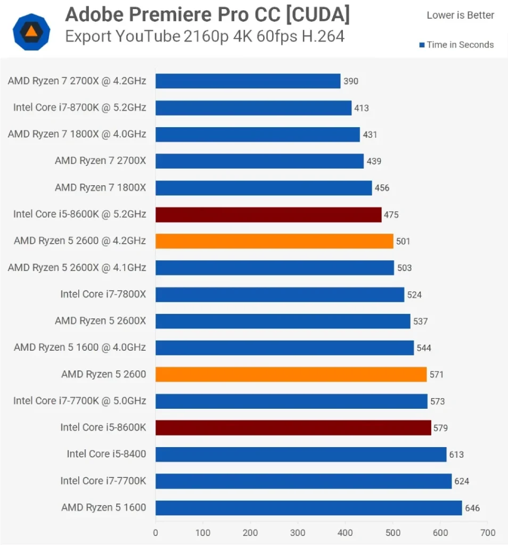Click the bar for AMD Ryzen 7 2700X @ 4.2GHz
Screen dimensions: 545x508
(x=248, y=81)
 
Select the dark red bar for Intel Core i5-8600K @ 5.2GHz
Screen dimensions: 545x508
(x=268, y=214)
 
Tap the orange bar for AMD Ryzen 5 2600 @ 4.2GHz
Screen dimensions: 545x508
(x=274, y=241)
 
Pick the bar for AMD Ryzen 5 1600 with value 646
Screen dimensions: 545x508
(x=308, y=508)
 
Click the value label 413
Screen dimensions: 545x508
(x=362, y=108)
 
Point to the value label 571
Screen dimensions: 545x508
(x=436, y=375)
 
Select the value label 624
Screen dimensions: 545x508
(x=462, y=481)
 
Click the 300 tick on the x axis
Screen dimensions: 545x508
(x=298, y=533)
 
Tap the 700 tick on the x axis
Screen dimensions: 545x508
(x=487, y=533)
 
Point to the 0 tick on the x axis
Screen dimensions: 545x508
(x=155, y=533)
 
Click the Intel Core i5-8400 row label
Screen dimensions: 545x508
(x=106, y=455)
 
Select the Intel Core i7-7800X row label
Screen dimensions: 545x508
(x=103, y=294)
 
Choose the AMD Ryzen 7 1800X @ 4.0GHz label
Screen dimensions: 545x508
(x=77, y=135)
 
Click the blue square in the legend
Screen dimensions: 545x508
(x=422, y=45)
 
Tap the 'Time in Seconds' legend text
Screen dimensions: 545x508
(x=460, y=45)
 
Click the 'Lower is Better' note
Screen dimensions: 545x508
(x=460, y=15)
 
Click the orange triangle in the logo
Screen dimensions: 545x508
(x=31, y=31)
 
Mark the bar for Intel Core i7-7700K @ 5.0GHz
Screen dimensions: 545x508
(x=291, y=401)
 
